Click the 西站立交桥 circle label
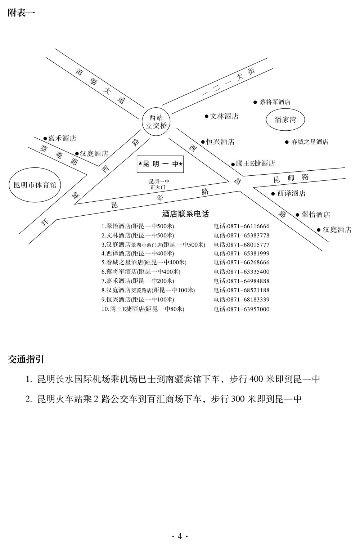point(156,122)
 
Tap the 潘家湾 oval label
point(285,120)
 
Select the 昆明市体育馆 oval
point(35,185)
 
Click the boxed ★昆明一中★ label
point(160,164)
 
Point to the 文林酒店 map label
point(224,116)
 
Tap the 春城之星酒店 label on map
point(310,142)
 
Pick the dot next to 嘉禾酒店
point(45,138)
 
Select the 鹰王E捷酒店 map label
point(255,163)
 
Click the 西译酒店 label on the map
point(291,193)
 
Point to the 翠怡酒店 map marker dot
point(297,215)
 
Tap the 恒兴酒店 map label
point(220,142)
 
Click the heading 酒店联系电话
point(185,214)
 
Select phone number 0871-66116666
point(242,226)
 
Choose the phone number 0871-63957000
point(242,309)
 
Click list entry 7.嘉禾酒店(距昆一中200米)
point(138,281)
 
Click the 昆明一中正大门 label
point(159,184)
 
